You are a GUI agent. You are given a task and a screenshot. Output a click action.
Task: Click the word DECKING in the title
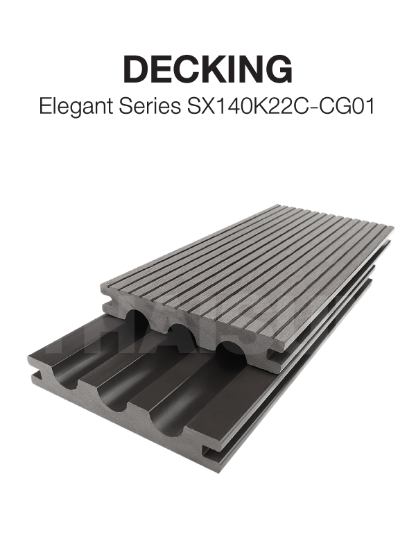pyautogui.click(x=208, y=69)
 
